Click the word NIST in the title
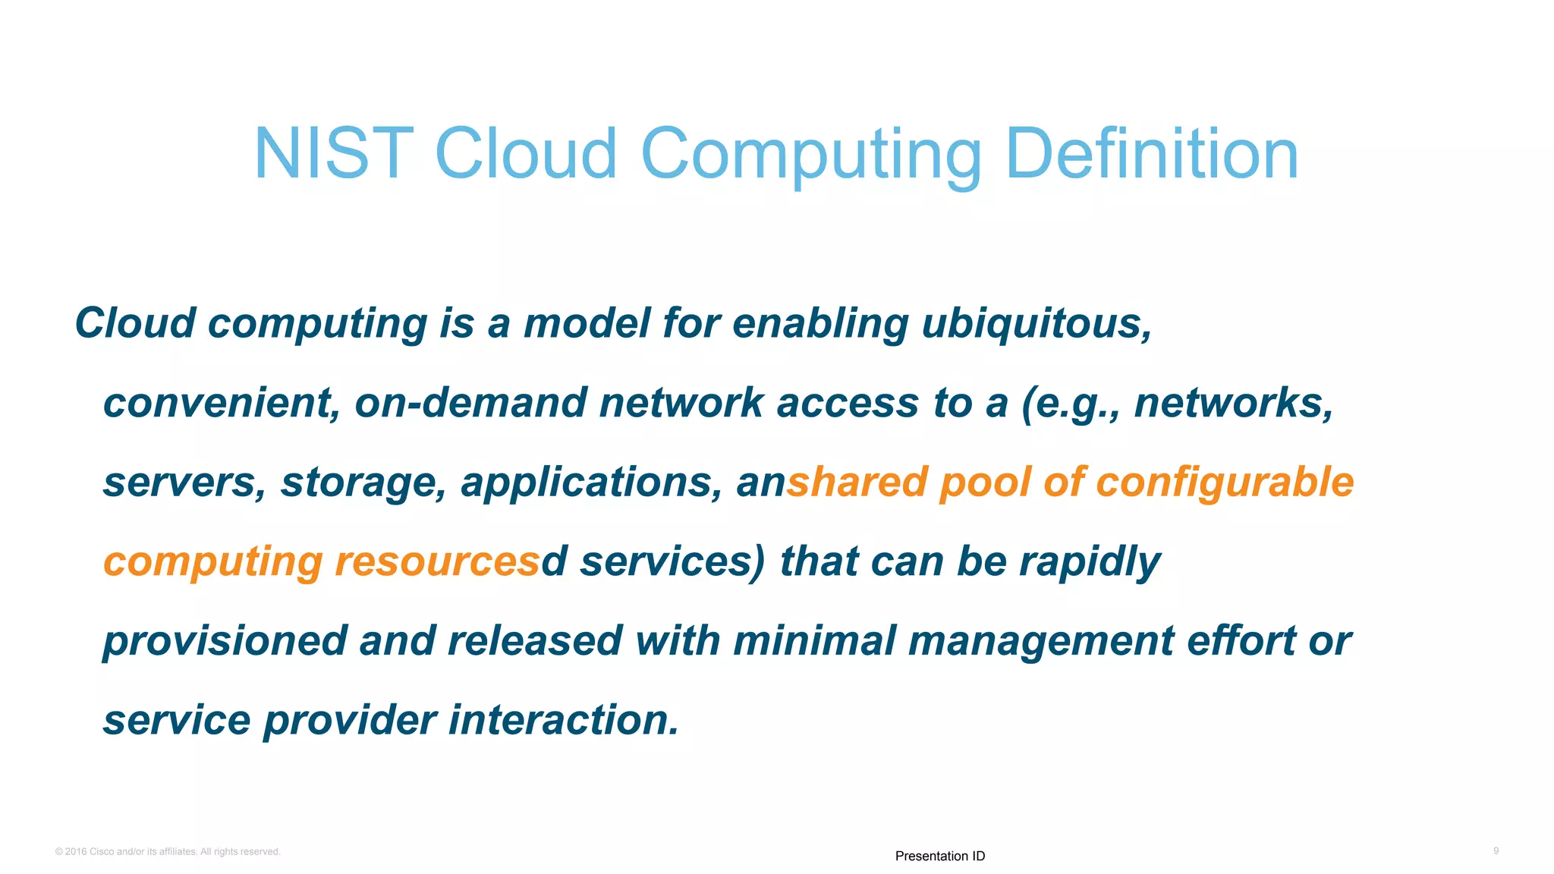tap(334, 154)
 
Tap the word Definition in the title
tap(1151, 154)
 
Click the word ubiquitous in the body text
tap(1036, 324)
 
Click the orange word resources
tap(437, 562)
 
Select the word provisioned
tap(224, 642)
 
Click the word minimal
tap(814, 640)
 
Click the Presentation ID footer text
tap(939, 856)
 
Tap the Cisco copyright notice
tap(168, 852)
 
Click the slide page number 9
tap(1496, 851)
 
